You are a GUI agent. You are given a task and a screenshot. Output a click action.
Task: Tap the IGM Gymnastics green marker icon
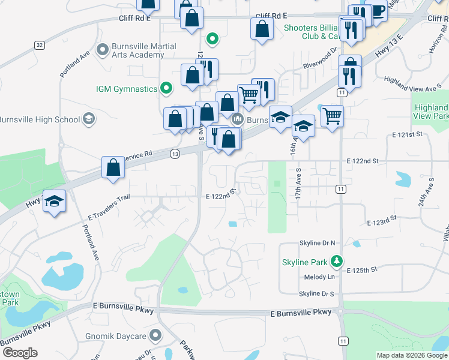pos(166,89)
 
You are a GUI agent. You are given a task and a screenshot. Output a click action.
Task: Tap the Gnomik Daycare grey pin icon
pos(156,335)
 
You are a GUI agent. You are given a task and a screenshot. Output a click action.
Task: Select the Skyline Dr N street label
pos(317,243)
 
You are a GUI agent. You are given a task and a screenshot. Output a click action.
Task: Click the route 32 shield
pos(39,45)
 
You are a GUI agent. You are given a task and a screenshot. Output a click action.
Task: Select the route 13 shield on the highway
pos(175,154)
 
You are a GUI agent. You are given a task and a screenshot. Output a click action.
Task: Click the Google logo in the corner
pos(20,353)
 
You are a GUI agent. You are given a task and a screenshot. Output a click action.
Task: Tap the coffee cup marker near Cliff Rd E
pos(376,12)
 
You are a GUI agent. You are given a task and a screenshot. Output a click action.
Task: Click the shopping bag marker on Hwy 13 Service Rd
pos(113,168)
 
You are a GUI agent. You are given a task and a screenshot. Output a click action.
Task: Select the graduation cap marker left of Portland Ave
pos(54,201)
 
